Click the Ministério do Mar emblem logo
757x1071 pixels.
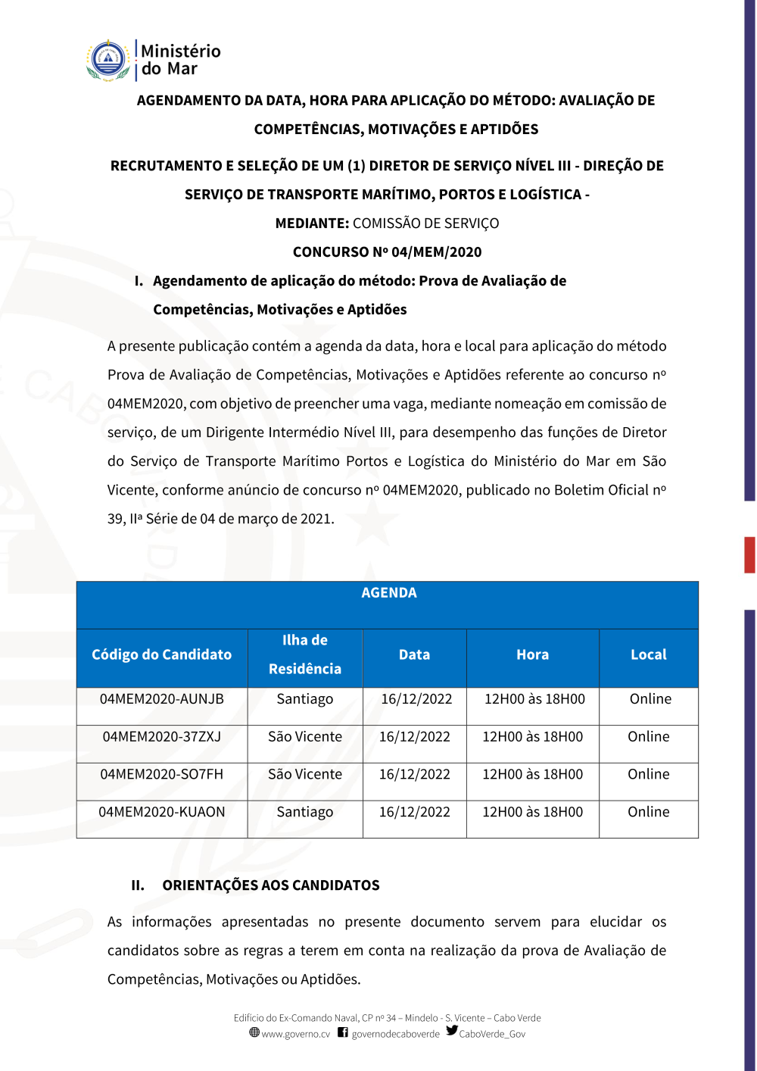109,61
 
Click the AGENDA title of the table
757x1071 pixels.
388,593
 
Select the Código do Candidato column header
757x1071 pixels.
161,654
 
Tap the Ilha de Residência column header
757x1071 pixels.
305,654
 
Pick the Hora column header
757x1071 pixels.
532,654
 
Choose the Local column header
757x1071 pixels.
648,654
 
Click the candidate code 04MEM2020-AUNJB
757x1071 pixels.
161,699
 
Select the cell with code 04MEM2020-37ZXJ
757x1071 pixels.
161,737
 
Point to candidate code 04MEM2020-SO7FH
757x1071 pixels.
161,774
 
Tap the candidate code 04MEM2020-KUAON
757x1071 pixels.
161,812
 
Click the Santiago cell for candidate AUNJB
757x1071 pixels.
304,699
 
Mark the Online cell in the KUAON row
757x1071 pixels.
648,812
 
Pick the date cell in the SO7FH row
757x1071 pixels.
414,774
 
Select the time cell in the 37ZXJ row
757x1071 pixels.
532,737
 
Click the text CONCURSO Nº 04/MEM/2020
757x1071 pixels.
387,252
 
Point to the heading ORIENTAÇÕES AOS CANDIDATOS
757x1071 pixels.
270,885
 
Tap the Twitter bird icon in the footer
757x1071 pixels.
452,1031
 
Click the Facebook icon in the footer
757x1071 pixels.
343,1032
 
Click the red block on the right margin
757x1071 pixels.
749,554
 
